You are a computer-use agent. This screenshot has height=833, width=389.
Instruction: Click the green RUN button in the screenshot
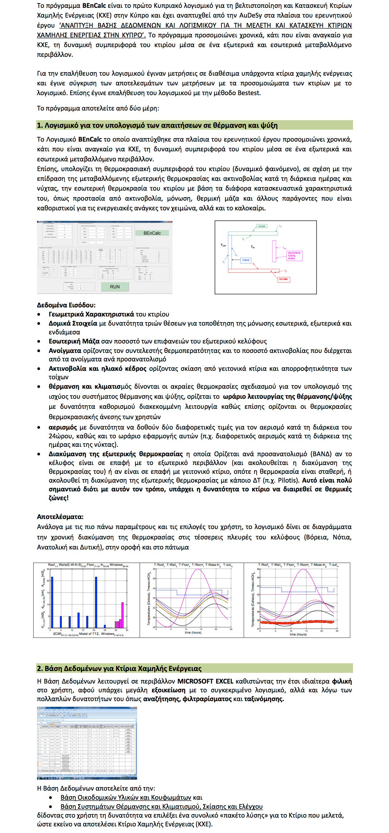115,286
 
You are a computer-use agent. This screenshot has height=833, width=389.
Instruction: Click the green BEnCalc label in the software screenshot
152,233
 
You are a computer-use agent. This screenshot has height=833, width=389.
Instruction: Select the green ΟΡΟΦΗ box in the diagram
262,226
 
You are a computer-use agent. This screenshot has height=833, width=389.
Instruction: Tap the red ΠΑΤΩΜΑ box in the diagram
283,279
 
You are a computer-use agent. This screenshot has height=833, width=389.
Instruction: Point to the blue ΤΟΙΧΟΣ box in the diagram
246,260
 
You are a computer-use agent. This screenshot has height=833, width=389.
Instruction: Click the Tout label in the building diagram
223,245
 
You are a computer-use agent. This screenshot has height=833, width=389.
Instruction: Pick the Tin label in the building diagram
253,247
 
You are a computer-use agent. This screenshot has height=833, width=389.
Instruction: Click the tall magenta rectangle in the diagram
274,251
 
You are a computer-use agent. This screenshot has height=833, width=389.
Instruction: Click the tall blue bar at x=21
96,603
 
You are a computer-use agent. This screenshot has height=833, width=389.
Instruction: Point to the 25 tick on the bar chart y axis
48,569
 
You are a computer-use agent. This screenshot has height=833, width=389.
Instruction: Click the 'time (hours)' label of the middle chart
193,632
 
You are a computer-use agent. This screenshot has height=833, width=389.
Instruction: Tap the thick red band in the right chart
297,622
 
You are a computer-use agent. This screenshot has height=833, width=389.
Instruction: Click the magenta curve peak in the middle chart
198,570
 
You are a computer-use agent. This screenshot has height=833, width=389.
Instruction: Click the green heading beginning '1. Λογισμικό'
157,126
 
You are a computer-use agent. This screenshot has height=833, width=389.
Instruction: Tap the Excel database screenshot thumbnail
87,743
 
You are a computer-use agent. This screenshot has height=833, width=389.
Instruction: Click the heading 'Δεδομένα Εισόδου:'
66,305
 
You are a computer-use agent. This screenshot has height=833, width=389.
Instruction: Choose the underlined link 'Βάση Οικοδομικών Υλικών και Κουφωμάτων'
126,798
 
